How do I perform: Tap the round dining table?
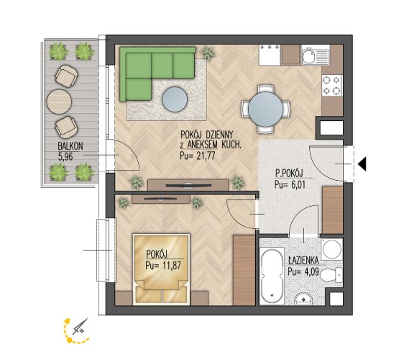pos(265,109)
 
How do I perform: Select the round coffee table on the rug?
pos(175,99)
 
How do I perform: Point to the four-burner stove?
pos(332,85)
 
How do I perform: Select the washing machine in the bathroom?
pos(332,249)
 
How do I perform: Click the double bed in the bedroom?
pos(162,269)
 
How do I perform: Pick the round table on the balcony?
pos(59,102)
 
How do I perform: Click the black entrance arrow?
pos(362,164)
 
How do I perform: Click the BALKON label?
pos(70,146)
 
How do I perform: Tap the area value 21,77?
pos(206,156)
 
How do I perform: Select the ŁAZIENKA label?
pos(303,261)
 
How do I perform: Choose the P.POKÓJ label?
pos(289,174)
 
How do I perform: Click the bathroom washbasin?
pos(303,300)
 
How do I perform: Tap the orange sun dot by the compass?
pos(69,340)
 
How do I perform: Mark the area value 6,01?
pos(296,185)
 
